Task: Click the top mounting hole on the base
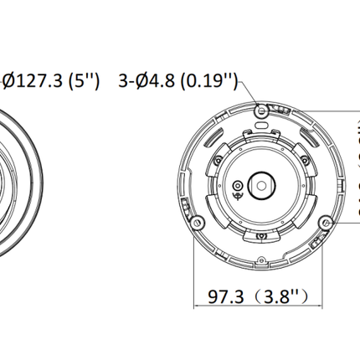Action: click(261, 109)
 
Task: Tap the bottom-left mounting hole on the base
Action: click(196, 222)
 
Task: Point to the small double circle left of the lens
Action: click(239, 186)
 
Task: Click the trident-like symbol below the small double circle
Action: click(239, 199)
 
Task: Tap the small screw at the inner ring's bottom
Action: click(261, 234)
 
